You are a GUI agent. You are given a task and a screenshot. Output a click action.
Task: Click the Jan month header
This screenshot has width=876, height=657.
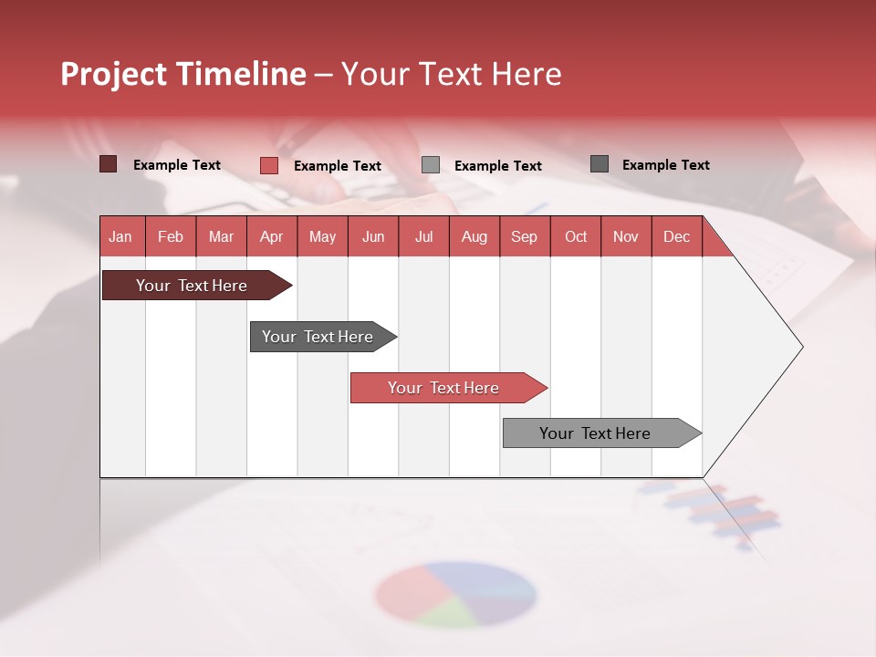(120, 236)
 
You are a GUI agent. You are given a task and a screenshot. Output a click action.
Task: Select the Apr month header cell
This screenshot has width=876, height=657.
(272, 236)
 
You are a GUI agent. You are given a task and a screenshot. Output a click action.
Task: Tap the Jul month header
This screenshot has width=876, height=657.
(423, 236)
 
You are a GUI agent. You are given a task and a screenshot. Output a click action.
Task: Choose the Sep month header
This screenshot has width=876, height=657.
(524, 236)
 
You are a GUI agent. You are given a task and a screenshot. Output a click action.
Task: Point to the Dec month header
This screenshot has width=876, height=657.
(676, 236)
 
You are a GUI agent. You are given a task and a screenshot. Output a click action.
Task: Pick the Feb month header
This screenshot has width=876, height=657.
(171, 236)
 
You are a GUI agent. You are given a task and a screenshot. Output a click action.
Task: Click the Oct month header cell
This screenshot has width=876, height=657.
(576, 236)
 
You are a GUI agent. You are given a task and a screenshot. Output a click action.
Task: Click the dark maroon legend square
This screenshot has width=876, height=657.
(108, 164)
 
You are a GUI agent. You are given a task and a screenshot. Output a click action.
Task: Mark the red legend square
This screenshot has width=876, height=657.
(268, 165)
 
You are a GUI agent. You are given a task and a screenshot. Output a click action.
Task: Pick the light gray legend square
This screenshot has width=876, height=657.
(430, 164)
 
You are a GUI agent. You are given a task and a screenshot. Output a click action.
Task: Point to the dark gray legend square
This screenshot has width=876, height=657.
(599, 164)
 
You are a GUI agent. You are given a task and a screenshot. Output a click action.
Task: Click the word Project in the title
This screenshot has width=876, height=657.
(114, 74)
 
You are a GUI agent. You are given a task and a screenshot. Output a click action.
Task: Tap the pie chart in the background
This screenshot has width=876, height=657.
(454, 594)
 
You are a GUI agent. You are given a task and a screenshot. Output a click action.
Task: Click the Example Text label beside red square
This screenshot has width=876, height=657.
(337, 166)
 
